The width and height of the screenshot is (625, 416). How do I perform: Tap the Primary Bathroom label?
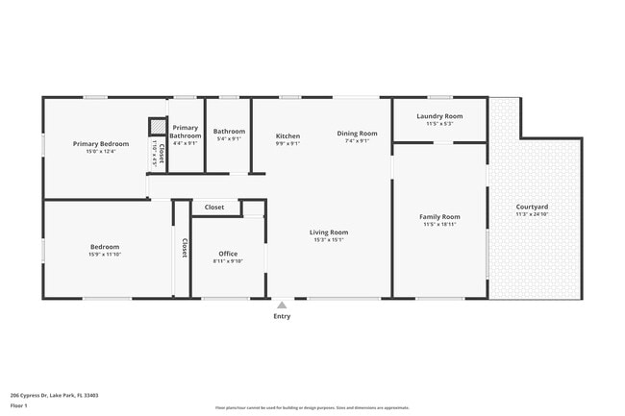click(186, 132)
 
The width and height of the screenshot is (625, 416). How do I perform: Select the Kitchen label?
click(287, 135)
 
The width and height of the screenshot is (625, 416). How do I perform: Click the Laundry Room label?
click(439, 116)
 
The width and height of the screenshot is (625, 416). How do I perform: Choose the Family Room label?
click(439, 216)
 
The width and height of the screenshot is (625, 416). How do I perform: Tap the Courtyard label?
click(532, 207)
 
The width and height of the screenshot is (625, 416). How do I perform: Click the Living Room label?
click(328, 232)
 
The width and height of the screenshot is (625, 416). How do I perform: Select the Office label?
click(228, 254)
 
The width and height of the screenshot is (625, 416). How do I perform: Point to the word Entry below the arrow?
click(282, 316)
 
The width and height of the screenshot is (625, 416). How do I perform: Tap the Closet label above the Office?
click(214, 207)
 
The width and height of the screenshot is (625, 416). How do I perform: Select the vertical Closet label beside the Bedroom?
click(183, 247)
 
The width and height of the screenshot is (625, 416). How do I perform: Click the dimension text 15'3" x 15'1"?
click(328, 240)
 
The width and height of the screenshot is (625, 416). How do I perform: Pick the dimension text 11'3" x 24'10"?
click(532, 215)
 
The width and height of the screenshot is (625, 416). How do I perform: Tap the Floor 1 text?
click(19, 405)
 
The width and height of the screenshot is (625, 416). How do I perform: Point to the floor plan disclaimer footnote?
click(312, 407)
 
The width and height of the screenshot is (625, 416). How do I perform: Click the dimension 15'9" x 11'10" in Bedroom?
click(104, 255)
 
